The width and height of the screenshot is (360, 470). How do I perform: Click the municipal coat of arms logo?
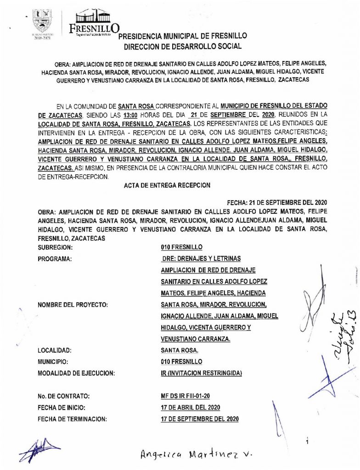click(43, 21)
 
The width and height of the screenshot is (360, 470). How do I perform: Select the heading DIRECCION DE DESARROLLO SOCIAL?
click(182, 46)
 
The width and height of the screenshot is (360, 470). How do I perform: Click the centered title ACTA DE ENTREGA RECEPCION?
click(167, 185)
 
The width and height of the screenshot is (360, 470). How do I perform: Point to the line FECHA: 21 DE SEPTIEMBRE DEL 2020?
click(277, 202)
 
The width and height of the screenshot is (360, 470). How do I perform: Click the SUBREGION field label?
click(56, 247)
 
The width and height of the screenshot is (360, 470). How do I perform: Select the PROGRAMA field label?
click(56, 259)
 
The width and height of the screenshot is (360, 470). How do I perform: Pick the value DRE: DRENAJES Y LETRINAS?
click(201, 259)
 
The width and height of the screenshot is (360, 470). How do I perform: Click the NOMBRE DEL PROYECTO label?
click(73, 305)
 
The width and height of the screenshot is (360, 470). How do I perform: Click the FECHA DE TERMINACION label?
click(73, 419)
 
